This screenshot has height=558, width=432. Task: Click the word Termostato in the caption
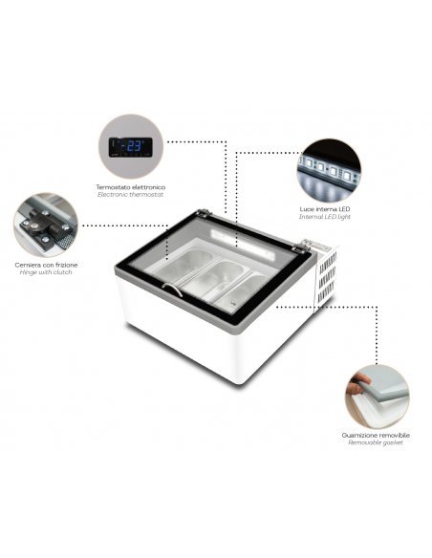pyautogui.click(x=115, y=186)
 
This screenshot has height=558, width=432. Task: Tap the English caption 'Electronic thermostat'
pyautogui.click(x=131, y=194)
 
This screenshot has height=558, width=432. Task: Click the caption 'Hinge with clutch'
pyautogui.click(x=43, y=272)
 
